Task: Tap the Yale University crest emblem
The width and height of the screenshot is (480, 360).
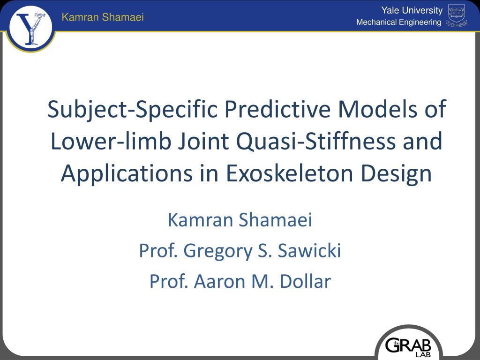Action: (457, 16)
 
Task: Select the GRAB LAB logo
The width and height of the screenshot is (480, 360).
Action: (408, 346)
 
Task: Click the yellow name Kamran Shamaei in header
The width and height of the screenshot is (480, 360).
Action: (103, 17)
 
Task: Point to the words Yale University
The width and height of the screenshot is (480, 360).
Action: (412, 10)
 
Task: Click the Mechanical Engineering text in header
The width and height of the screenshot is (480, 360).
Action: (398, 22)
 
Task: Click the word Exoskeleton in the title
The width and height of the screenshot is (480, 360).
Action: (290, 173)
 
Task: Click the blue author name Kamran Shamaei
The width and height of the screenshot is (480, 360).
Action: (240, 219)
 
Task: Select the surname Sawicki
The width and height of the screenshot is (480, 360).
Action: (309, 251)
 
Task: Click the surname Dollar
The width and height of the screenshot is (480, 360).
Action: (305, 281)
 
